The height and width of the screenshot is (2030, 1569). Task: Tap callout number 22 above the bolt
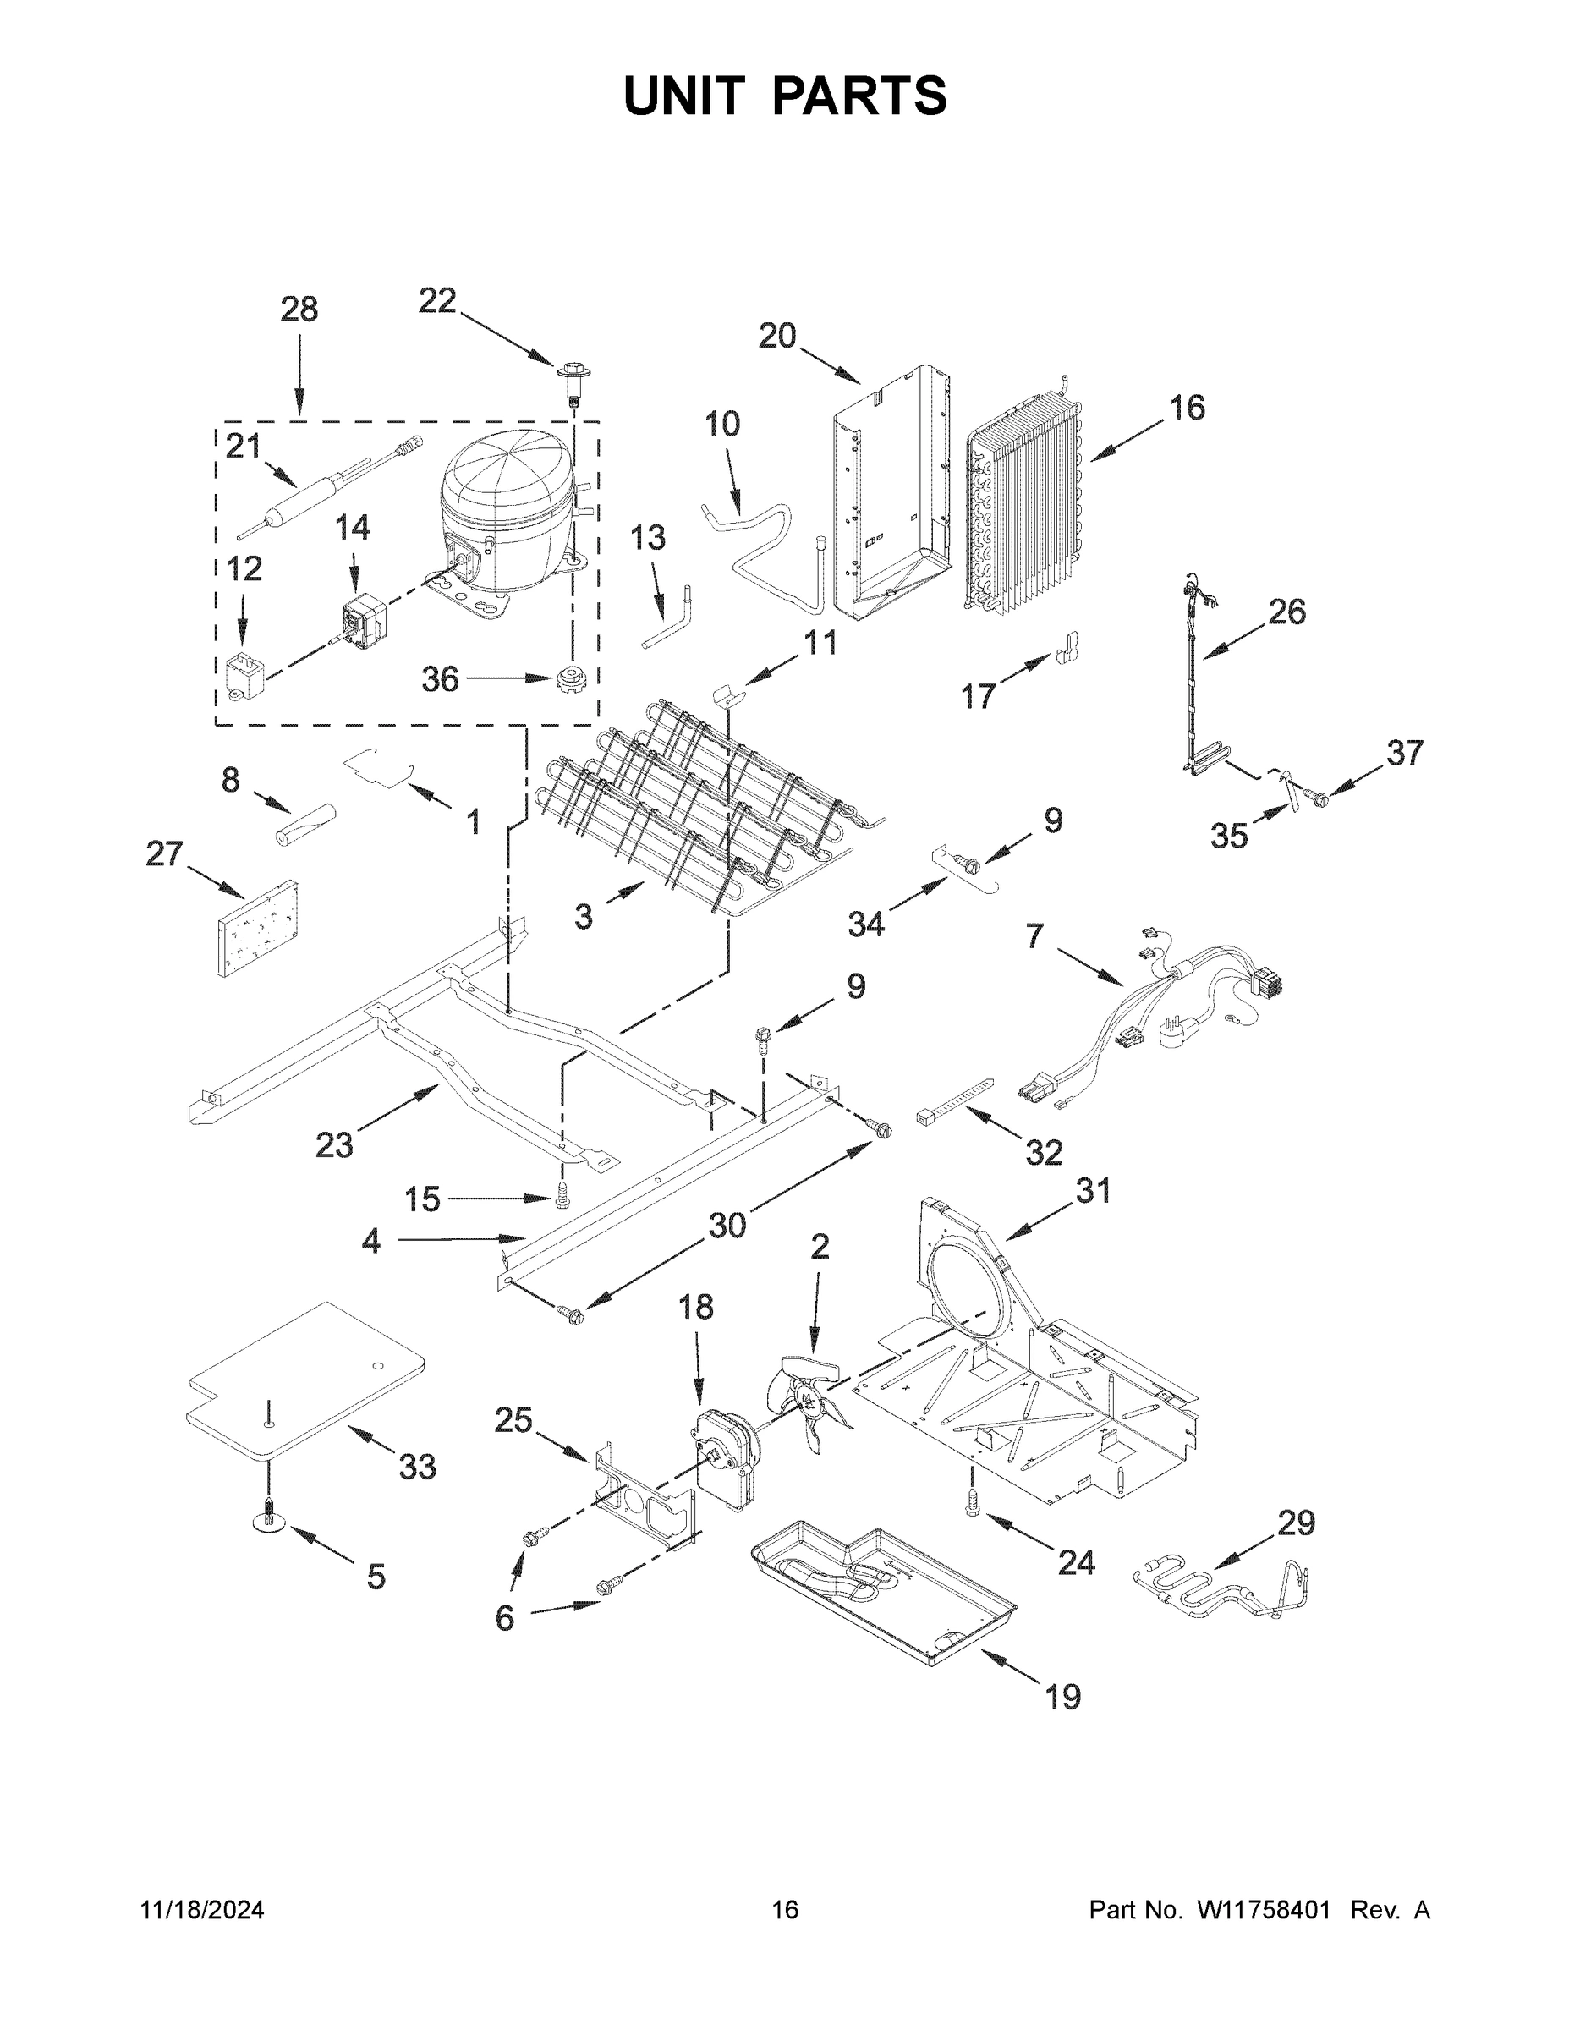tap(436, 301)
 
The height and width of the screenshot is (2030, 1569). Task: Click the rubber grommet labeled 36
tap(567, 679)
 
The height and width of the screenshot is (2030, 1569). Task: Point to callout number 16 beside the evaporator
tap(1186, 408)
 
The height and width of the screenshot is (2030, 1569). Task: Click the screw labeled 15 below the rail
tap(562, 1197)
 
